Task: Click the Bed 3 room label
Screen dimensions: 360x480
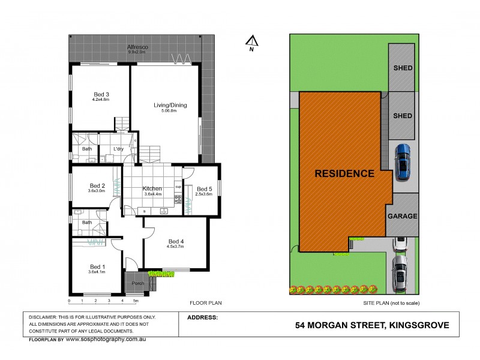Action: pyautogui.click(x=101, y=94)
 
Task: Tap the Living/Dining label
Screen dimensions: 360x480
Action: pyautogui.click(x=170, y=105)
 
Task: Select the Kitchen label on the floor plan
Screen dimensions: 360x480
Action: pyautogui.click(x=152, y=188)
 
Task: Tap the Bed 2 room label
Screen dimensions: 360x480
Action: pyautogui.click(x=97, y=185)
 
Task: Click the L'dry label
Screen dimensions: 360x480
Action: pyautogui.click(x=118, y=149)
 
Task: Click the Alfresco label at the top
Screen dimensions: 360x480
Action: pyautogui.click(x=137, y=47)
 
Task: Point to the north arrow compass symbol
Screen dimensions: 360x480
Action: pyautogui.click(x=252, y=41)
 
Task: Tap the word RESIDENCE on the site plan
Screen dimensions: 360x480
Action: pyautogui.click(x=344, y=174)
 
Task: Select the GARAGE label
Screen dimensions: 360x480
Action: pyautogui.click(x=402, y=216)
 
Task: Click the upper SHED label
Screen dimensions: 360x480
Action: pyautogui.click(x=403, y=68)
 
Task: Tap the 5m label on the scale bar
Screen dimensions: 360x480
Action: pyautogui.click(x=136, y=301)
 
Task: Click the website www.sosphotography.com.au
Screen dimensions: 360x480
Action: pyautogui.click(x=106, y=340)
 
